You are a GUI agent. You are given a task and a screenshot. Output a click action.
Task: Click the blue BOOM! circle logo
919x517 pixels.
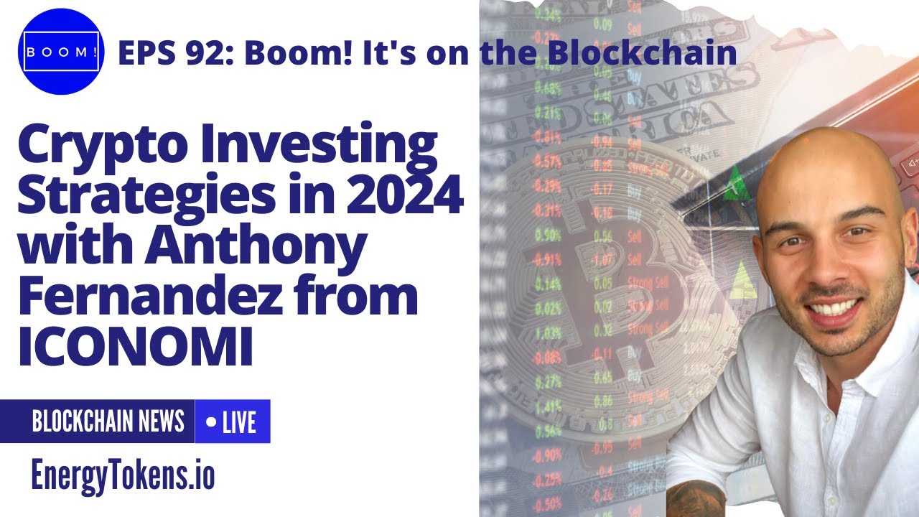click(x=60, y=52)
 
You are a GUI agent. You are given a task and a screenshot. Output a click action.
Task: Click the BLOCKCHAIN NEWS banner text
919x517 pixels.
click(x=108, y=421)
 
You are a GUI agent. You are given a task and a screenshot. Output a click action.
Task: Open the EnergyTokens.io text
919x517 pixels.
click(x=123, y=475)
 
